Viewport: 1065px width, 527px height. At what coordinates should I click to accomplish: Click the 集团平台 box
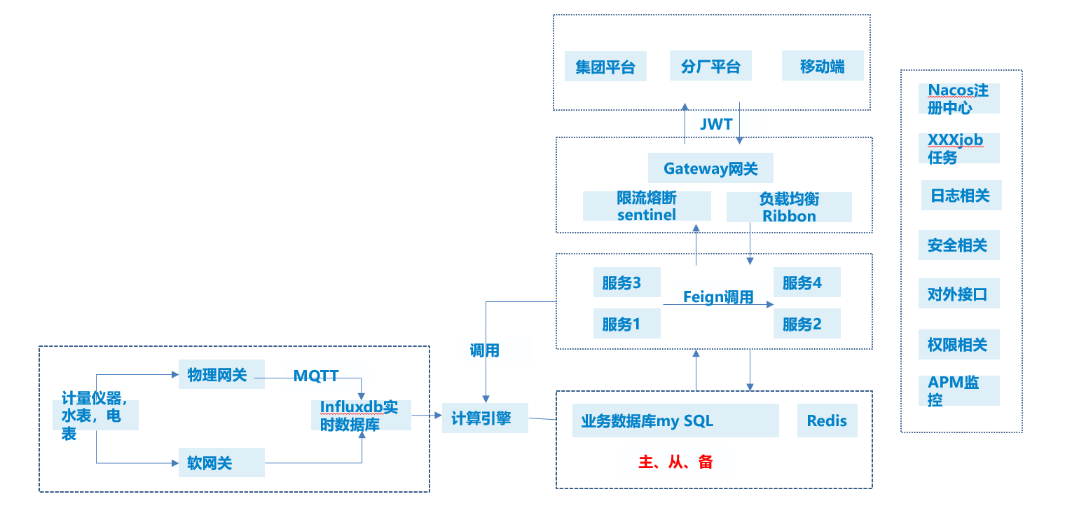point(605,67)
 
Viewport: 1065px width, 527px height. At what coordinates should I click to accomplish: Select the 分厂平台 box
point(710,67)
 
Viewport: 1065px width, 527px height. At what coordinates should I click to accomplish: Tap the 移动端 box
point(823,67)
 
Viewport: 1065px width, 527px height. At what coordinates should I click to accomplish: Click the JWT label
point(716,125)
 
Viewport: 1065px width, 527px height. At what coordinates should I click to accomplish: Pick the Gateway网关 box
point(711,169)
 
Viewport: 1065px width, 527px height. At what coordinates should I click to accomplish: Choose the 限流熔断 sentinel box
point(647,207)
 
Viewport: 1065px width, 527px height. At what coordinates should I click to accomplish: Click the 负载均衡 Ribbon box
point(789,207)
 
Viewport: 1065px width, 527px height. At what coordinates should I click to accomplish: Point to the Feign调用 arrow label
point(718,297)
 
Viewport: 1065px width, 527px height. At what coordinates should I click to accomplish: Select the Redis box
point(827,420)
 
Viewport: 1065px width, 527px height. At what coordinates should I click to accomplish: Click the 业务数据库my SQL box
point(675,420)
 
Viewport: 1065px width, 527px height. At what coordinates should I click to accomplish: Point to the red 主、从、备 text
point(675,462)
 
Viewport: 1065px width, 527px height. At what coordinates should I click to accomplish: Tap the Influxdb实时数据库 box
point(361,416)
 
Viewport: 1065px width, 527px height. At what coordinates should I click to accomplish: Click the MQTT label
point(316,376)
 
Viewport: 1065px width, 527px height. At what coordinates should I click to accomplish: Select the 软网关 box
point(221,463)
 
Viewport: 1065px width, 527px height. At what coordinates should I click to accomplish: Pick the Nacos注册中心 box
point(958,99)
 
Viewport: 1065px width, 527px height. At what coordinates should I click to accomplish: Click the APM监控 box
point(958,391)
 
